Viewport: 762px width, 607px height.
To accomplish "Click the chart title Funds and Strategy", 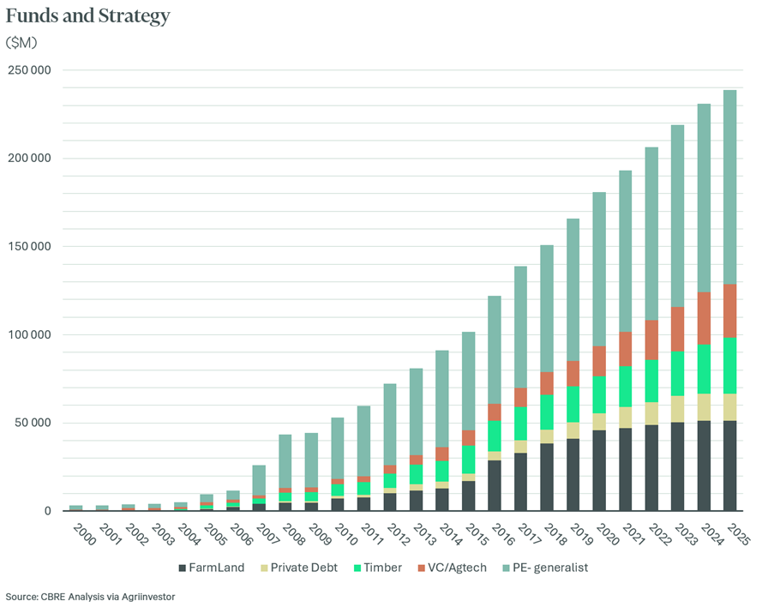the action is (88, 16).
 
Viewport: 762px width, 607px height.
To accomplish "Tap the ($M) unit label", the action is (21, 43).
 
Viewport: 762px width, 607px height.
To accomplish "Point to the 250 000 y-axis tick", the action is (29, 70).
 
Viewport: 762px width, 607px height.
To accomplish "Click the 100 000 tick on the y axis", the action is (29, 334).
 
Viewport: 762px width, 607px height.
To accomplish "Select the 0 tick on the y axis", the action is (48, 511).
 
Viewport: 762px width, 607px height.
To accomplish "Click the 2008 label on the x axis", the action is (293, 535).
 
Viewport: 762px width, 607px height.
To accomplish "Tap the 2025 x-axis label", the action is (738, 535).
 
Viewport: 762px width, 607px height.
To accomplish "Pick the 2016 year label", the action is (502, 535).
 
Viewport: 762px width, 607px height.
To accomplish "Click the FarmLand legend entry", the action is (212, 568).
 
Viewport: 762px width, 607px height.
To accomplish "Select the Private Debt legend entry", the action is (299, 568).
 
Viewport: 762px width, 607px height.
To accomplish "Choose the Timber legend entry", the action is (378, 568).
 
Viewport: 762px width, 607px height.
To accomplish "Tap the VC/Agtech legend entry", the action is (452, 568).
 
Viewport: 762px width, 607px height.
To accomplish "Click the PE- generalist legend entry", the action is (545, 568).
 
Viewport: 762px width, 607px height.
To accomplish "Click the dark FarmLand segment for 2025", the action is (730, 466).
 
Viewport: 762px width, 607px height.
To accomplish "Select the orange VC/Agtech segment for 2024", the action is (704, 318).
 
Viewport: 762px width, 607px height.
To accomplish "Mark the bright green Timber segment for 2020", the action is (599, 394).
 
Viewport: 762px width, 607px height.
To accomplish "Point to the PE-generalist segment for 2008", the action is (285, 461).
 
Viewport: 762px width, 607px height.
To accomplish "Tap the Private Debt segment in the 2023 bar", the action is (677, 409).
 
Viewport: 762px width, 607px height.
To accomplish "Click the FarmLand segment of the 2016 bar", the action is (495, 485).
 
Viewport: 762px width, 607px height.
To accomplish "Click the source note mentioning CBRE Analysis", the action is (90, 597).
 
